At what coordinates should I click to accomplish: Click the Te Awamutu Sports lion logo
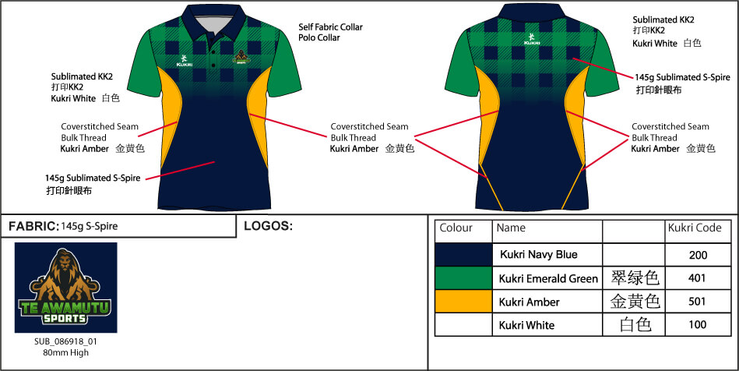click(66, 288)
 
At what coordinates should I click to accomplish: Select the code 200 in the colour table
click(698, 255)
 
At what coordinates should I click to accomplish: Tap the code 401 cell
click(698, 278)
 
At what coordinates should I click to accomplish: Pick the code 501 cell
click(698, 302)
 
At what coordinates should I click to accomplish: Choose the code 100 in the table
click(698, 325)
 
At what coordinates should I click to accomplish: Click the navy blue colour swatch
click(463, 255)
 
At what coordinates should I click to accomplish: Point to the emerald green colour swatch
click(463, 278)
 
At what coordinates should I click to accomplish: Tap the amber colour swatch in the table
click(463, 302)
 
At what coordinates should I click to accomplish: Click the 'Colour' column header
click(456, 228)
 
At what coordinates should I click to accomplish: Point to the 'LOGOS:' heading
click(268, 226)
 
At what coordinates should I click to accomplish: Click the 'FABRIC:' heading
click(33, 226)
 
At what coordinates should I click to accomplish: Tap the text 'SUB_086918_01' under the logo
click(66, 341)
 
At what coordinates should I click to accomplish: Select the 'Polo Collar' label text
click(321, 37)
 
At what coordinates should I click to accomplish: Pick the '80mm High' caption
click(66, 352)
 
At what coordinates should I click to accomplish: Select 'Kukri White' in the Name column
click(526, 325)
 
